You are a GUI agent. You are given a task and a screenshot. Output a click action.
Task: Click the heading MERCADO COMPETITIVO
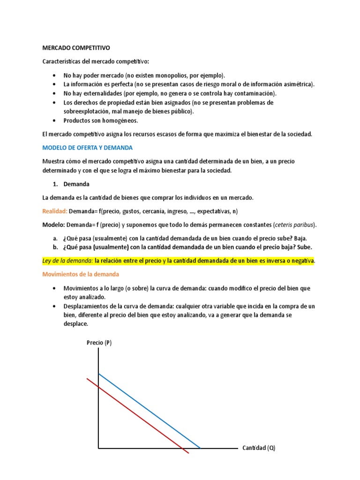[76, 48]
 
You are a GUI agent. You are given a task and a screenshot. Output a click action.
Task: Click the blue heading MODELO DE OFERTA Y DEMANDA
[88, 148]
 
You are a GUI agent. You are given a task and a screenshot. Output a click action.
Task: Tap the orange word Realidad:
[55, 211]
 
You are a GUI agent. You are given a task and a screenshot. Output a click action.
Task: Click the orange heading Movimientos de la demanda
[81, 274]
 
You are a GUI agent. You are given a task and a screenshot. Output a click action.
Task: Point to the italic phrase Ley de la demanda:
[67, 261]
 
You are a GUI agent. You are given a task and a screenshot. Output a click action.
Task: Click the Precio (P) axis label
[99, 343]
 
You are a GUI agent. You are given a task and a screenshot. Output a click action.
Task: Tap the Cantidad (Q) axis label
[259, 448]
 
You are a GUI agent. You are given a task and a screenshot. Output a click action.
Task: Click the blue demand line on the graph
[150, 411]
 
